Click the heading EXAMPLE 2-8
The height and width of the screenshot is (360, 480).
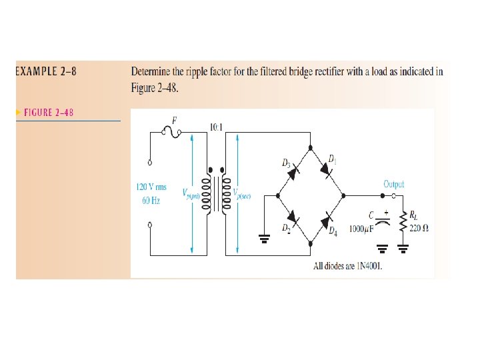point(46,71)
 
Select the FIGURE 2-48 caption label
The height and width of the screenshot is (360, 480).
point(49,112)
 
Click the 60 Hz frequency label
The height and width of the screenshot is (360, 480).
point(151,199)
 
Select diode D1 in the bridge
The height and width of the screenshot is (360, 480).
point(327,172)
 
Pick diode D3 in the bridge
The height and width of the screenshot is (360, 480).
point(293,172)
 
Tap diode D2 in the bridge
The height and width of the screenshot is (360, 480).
point(293,218)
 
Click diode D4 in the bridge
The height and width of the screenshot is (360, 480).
point(327,218)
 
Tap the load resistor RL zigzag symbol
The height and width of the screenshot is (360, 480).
point(403,222)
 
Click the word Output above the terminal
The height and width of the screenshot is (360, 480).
point(393,183)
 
